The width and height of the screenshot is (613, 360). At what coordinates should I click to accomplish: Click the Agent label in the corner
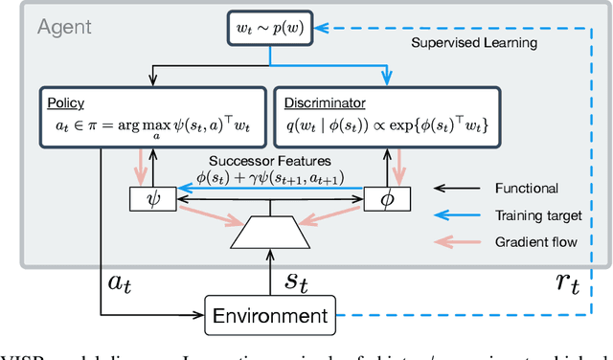coord(65,26)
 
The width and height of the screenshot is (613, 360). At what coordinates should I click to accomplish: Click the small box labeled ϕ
coord(387,199)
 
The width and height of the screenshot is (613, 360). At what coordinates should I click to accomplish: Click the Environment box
coord(272,313)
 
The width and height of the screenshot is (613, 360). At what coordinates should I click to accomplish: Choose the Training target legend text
coord(530,216)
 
